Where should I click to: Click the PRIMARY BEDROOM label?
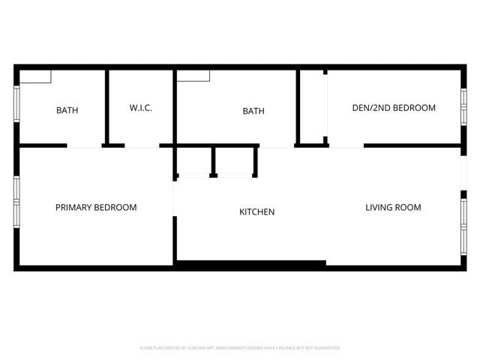pos(96,207)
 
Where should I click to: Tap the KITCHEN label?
pos(256,212)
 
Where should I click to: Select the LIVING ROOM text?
pos(393,207)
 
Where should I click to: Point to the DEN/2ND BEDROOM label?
pos(394,108)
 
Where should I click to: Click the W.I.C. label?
pos(141,108)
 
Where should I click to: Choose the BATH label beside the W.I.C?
pos(67,110)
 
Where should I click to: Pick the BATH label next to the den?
pos(253,111)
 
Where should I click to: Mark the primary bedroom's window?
pos(16,200)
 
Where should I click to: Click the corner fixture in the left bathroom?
pos(35,76)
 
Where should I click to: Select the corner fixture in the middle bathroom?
pos(193,76)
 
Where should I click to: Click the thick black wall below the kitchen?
pos(250,264)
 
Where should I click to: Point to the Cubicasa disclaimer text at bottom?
pos(240,348)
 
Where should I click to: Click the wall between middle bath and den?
pos(298,106)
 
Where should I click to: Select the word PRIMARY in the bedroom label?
pos(73,207)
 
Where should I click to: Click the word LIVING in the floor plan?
pos(379,207)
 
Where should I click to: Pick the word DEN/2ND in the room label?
pos(369,108)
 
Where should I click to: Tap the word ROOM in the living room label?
pos(409,207)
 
